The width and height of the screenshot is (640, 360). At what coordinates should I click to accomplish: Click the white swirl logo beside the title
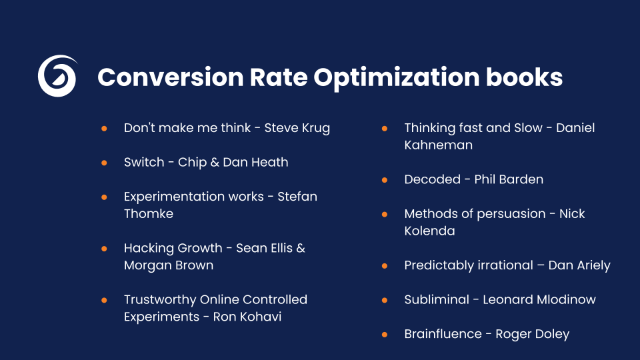[x=56, y=76]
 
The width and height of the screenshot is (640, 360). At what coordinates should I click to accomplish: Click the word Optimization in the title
[x=395, y=77]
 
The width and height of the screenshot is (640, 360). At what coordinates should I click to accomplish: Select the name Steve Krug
[x=297, y=128]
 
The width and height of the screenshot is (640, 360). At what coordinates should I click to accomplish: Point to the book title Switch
[x=144, y=162]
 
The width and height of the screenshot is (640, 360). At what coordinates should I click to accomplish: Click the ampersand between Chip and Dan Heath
[x=214, y=162]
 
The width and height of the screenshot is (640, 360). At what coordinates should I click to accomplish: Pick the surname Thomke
[x=149, y=213]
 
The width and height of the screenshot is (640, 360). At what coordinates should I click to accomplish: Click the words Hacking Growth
[x=173, y=248]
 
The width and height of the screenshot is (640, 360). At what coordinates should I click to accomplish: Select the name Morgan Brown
[x=169, y=265]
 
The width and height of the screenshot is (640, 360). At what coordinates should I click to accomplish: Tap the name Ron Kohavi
[x=247, y=317]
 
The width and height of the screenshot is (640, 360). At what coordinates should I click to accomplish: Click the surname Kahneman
[x=438, y=145]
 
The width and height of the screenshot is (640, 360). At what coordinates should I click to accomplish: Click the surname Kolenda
[x=429, y=231]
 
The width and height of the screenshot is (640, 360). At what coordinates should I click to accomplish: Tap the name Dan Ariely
[x=579, y=265]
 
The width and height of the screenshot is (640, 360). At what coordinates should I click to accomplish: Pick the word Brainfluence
[x=443, y=334]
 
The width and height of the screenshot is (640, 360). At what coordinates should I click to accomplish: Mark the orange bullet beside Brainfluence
[x=385, y=334]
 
